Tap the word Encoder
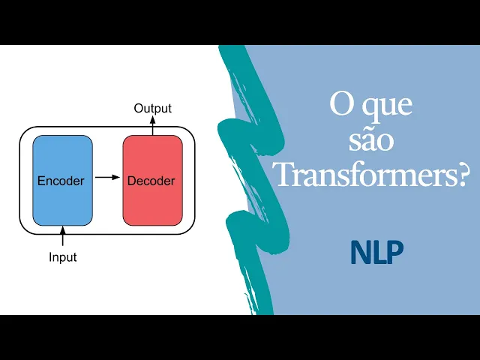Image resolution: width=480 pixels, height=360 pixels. (x=61, y=181)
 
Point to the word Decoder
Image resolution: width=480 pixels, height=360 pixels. (x=151, y=181)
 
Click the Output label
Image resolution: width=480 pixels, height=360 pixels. (x=152, y=109)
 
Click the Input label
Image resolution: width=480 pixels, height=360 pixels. (x=62, y=257)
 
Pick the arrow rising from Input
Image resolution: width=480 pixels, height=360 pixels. (x=62, y=236)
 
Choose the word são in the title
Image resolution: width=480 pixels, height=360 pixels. (x=372, y=140)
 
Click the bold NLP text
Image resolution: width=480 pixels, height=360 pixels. (x=376, y=253)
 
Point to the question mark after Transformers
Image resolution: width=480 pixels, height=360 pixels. (x=462, y=174)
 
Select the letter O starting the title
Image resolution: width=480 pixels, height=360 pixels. (x=341, y=104)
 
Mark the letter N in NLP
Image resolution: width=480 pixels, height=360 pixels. (x=359, y=253)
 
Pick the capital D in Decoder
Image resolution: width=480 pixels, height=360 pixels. (x=131, y=181)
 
